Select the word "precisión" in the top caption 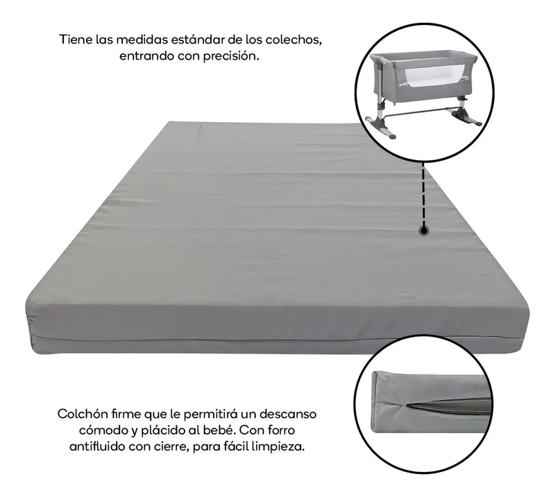[x=231, y=56]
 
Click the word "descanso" [x=287, y=414]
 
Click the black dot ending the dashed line [x=423, y=231]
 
